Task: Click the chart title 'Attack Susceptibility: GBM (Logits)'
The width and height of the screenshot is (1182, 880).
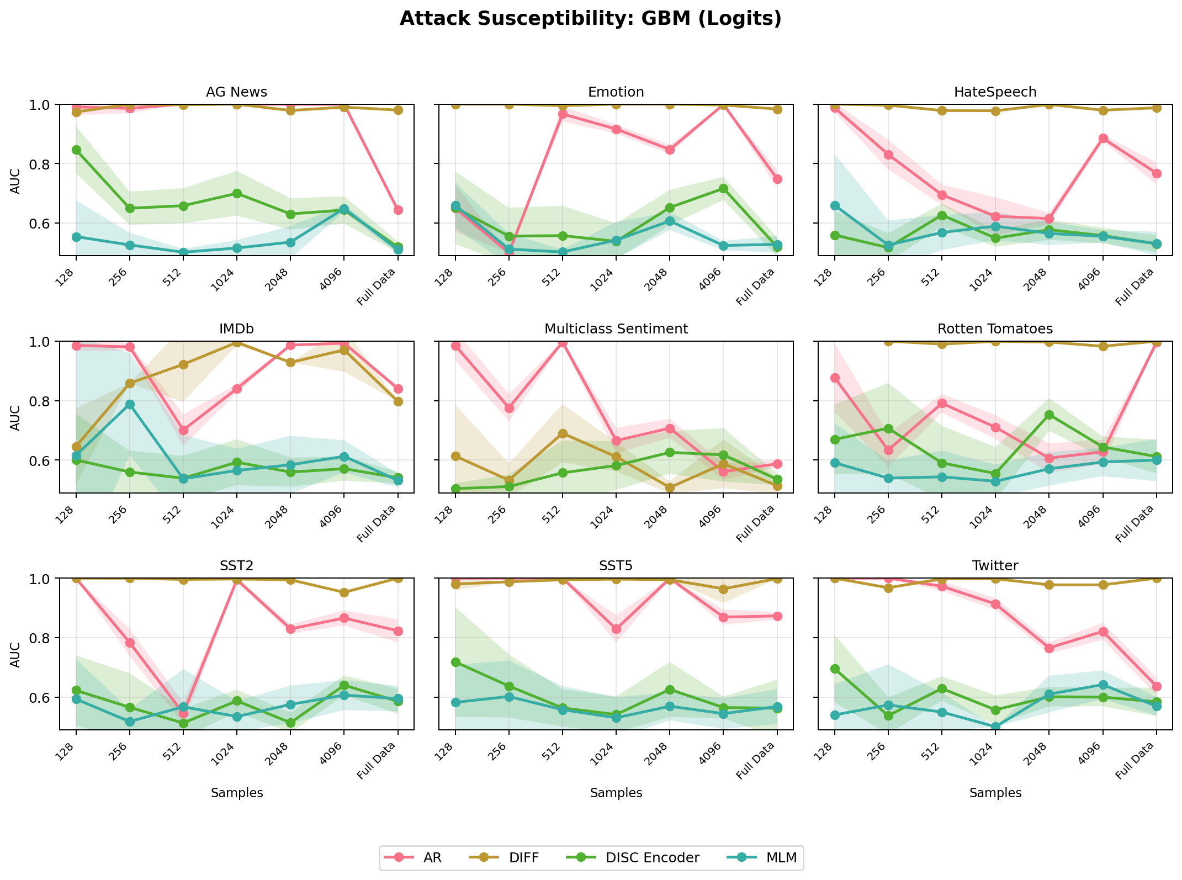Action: tap(591, 19)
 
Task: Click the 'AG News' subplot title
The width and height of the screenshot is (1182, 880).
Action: tap(236, 92)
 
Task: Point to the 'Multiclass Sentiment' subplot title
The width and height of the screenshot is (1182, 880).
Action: tap(616, 329)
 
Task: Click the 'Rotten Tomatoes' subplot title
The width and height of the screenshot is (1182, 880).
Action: tap(995, 329)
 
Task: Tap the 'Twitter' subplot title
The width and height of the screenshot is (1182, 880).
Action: tap(995, 566)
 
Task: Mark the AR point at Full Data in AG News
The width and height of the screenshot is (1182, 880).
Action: tap(398, 210)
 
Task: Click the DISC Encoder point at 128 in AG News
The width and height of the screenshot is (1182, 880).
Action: tap(76, 150)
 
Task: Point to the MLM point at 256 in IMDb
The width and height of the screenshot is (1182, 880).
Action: tap(130, 404)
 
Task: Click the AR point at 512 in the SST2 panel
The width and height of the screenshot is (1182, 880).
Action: tap(183, 714)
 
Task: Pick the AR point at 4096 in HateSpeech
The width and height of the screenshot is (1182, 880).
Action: tap(1103, 138)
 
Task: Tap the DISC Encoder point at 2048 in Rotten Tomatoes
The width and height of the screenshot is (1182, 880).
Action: tap(1049, 415)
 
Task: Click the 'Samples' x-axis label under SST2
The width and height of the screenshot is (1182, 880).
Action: tap(236, 793)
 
